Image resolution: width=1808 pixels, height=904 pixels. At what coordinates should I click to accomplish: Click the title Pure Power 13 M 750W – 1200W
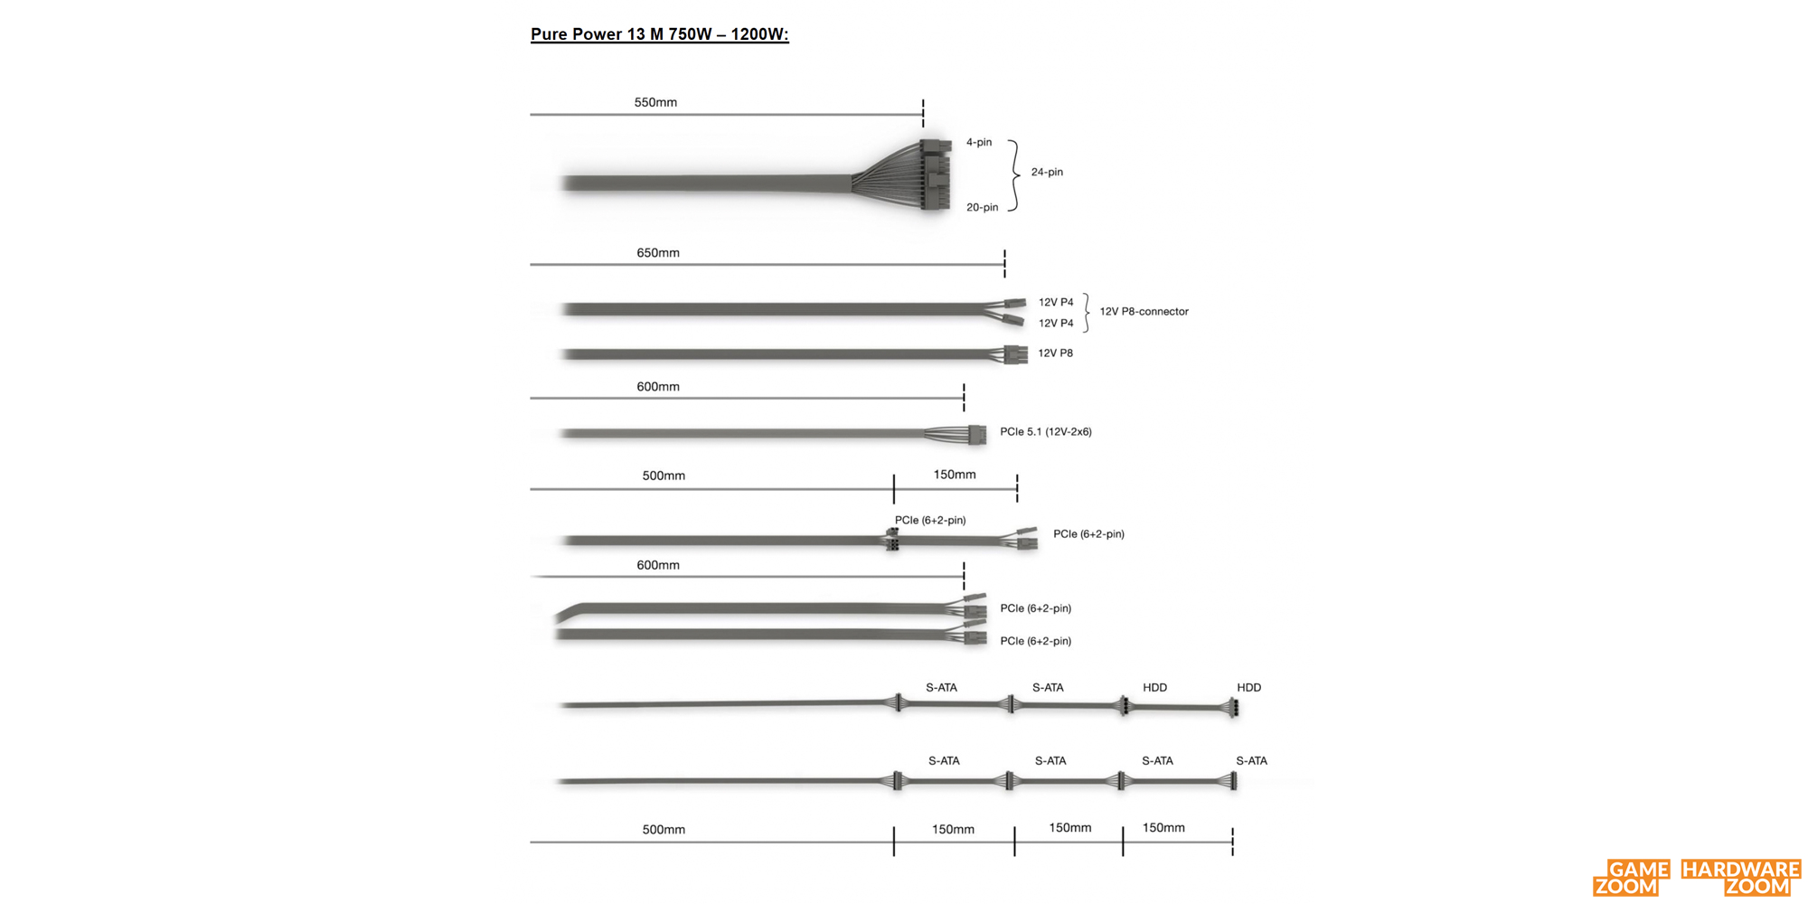[x=659, y=34]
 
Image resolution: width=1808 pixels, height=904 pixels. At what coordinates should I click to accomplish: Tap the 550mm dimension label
[x=655, y=102]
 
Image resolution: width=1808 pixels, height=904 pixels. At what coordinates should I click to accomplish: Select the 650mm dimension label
[x=658, y=253]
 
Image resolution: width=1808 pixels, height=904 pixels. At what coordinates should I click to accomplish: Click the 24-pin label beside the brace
[x=1047, y=172]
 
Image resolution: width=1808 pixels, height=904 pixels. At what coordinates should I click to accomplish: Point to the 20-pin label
[x=982, y=207]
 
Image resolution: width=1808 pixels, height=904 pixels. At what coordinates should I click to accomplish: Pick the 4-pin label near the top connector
[x=979, y=142]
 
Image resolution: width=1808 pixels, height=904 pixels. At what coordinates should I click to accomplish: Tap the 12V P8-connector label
[x=1144, y=311]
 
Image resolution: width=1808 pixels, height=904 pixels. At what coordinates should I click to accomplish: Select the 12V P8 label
[x=1055, y=353]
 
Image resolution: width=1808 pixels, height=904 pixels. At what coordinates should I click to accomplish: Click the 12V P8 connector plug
[x=1015, y=354]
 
